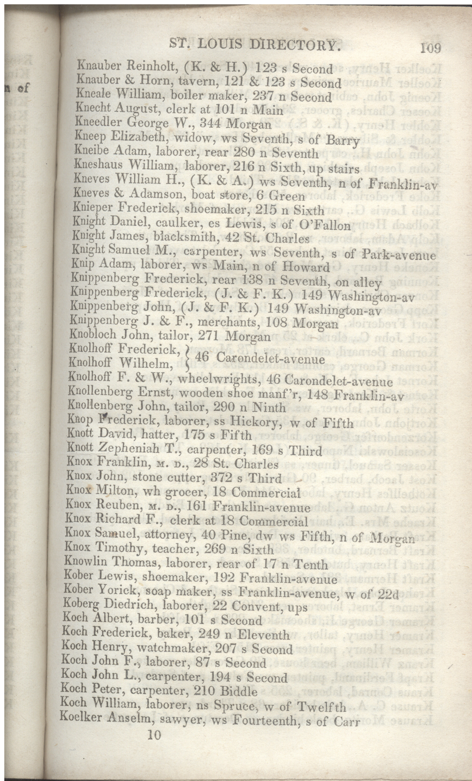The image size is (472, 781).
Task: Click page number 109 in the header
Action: click(431, 48)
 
